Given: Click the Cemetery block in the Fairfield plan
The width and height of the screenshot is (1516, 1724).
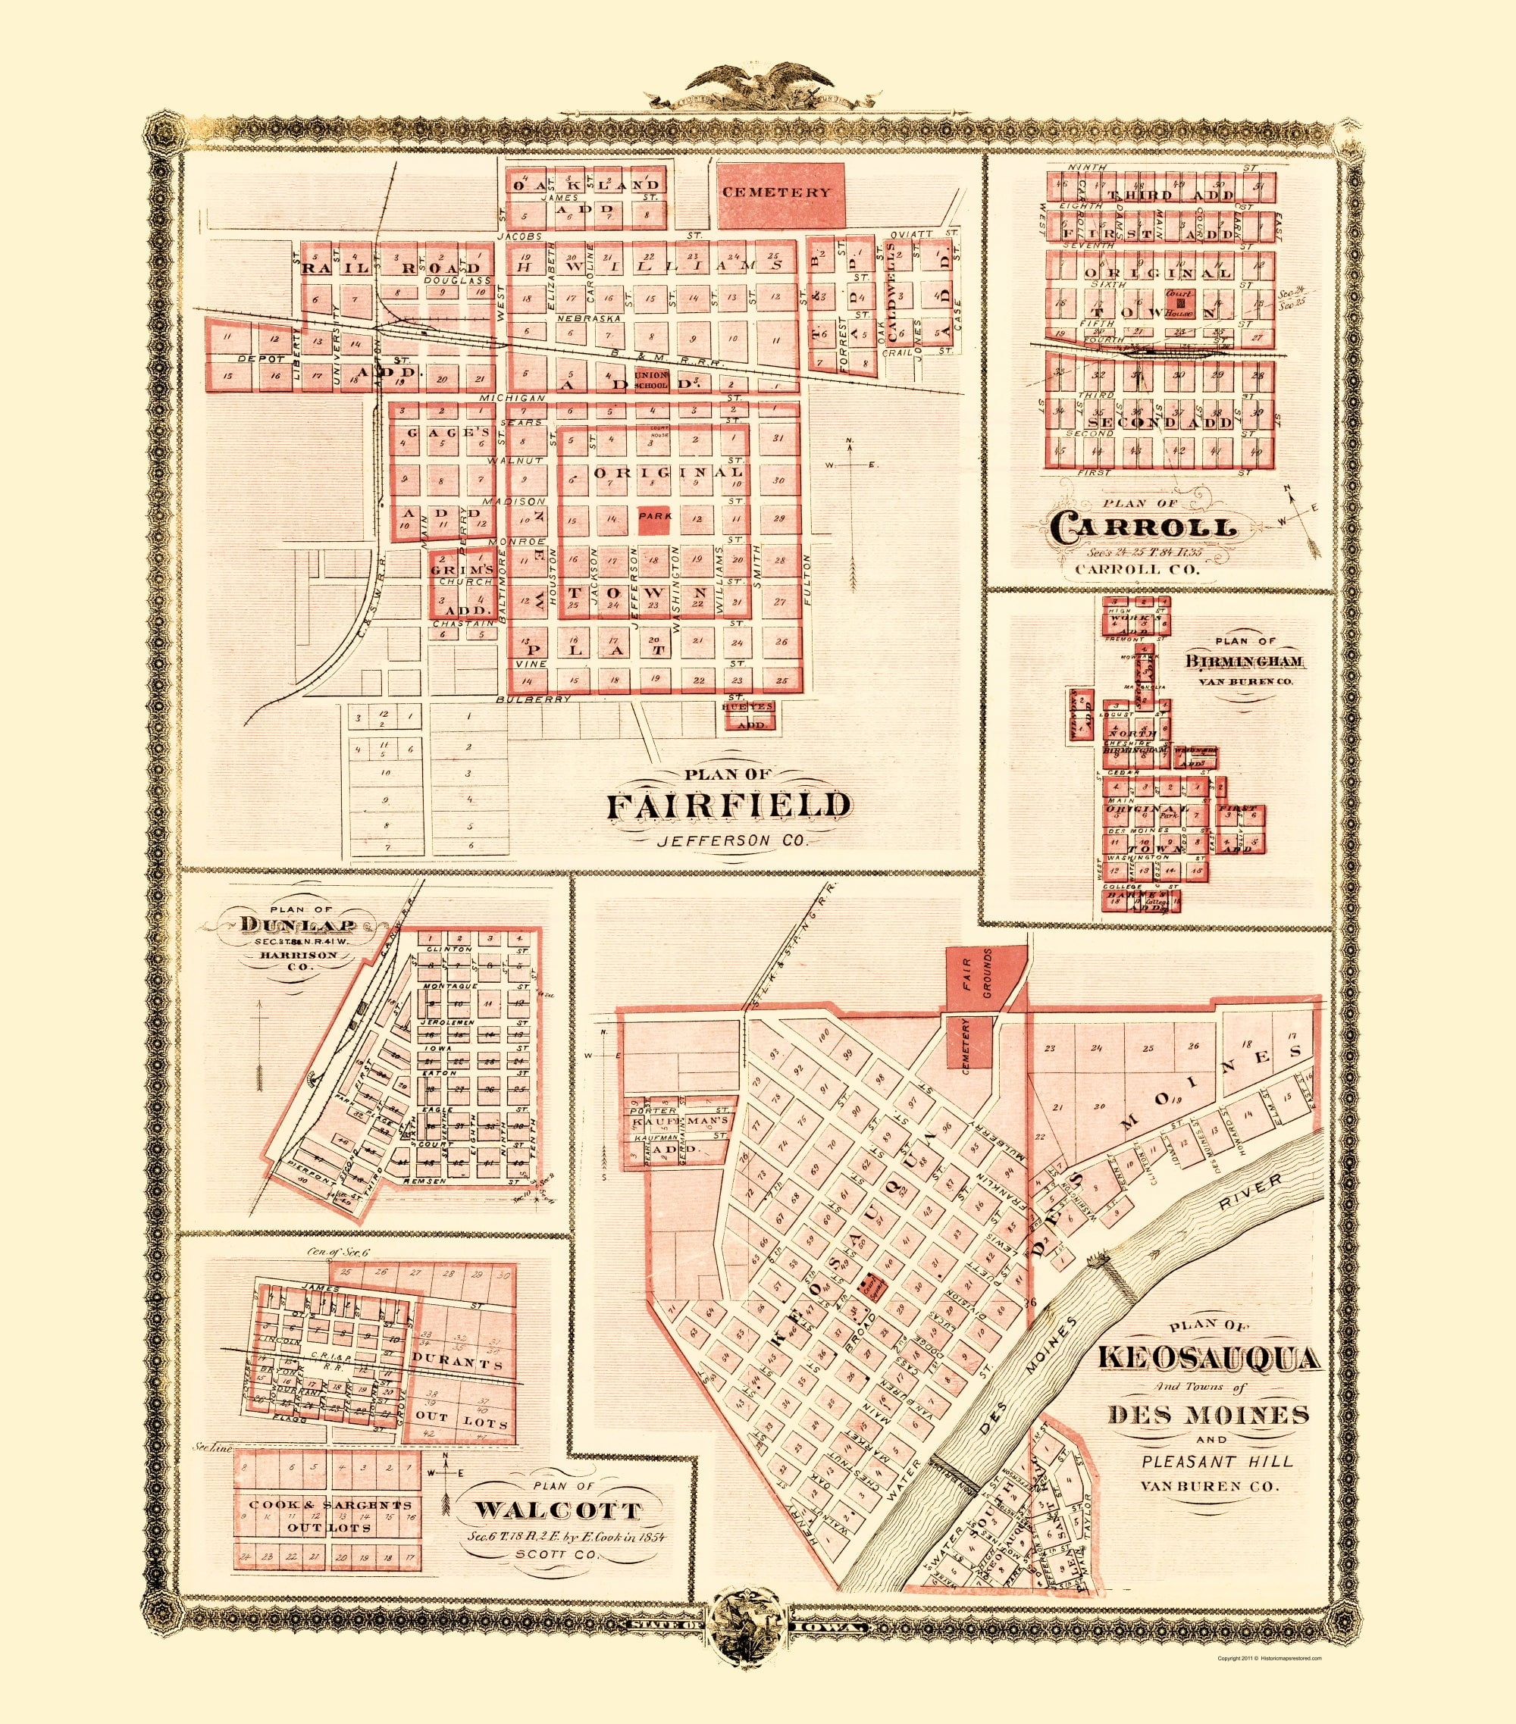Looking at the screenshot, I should tap(780, 192).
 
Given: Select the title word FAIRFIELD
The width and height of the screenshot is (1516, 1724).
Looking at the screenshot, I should tap(729, 805).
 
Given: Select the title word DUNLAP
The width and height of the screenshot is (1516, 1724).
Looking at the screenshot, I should tap(283, 923).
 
